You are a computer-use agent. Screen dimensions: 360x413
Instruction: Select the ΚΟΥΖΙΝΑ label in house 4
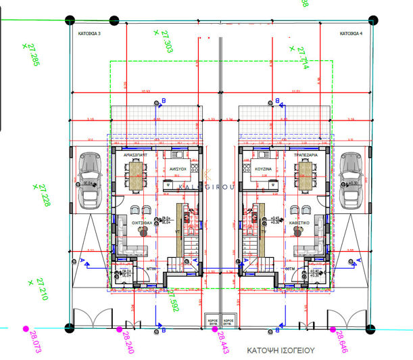coord(263,166)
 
